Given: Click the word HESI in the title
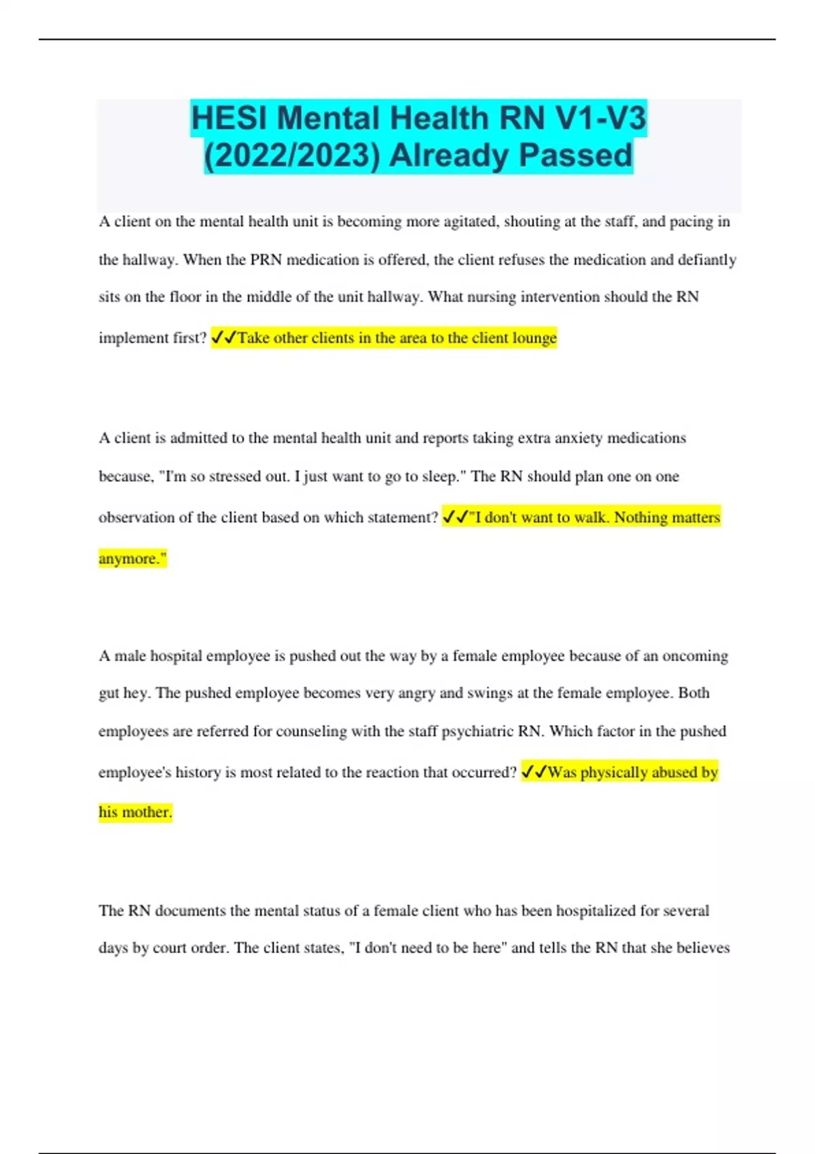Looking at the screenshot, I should coord(229,119).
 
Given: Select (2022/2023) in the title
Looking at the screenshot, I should coord(292,155).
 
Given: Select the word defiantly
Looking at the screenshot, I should coord(707,260).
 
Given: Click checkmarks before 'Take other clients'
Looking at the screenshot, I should coord(223,337).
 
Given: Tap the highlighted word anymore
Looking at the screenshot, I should coord(129,559).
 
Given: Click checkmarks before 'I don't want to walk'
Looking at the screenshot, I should coord(455,517).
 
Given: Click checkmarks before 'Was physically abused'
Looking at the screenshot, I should coord(534,773).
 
